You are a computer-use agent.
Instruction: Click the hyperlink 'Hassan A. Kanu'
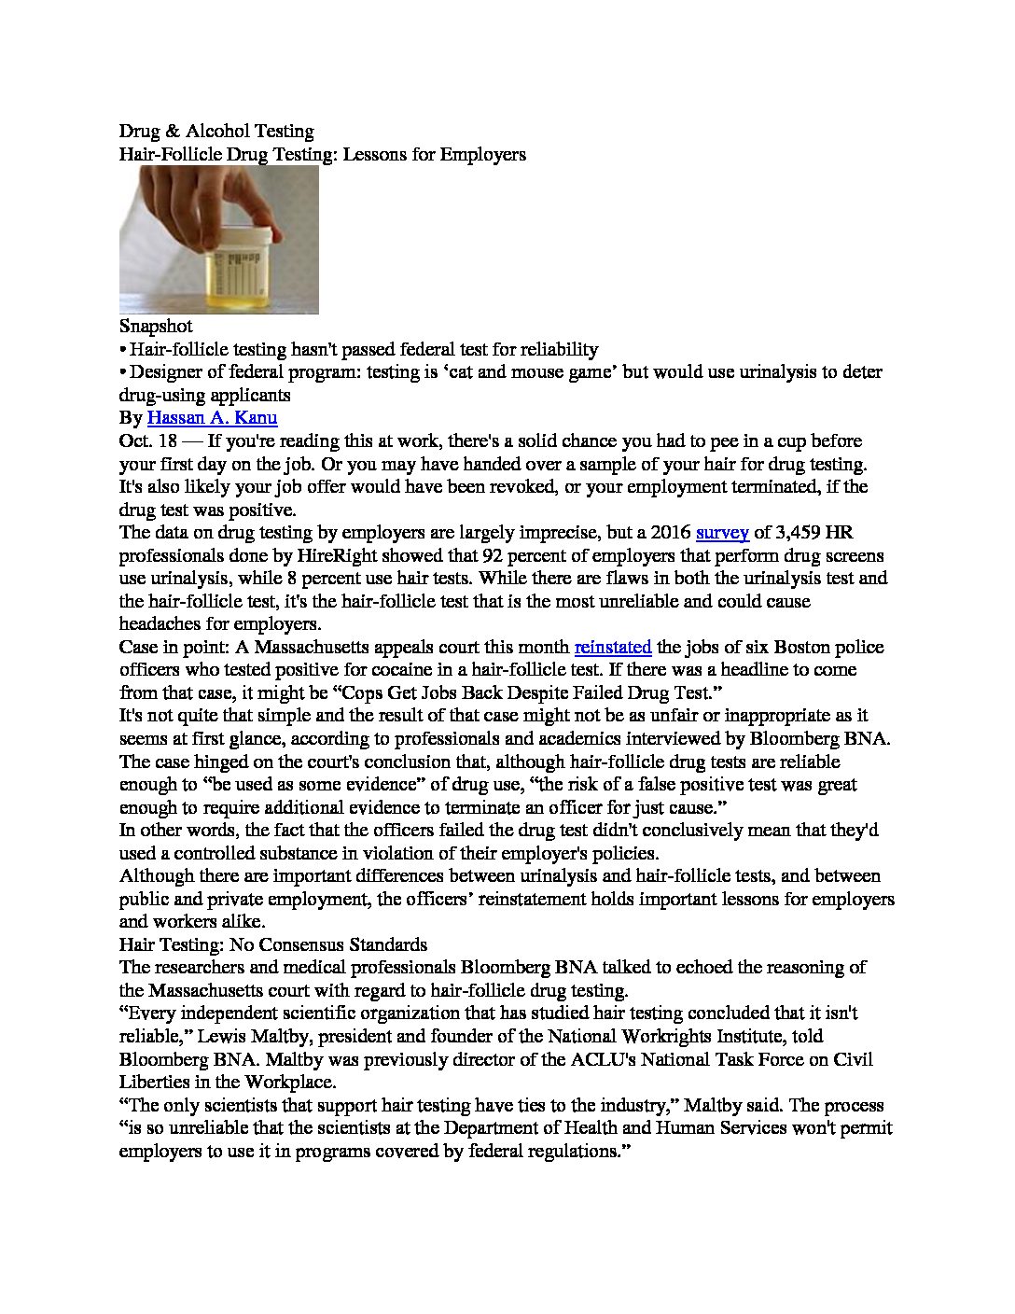click(213, 418)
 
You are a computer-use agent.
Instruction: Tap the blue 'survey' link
click(722, 533)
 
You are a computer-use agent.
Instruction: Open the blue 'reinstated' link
click(612, 647)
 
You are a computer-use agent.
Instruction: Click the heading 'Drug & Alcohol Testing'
click(216, 132)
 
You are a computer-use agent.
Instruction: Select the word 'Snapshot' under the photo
click(156, 327)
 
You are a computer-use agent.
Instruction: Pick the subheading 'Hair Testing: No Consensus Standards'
click(273, 944)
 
